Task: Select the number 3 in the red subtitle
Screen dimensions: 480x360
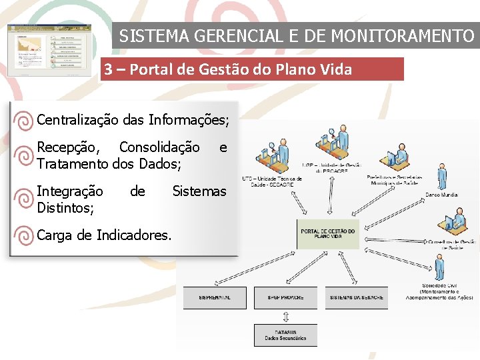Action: coord(108,69)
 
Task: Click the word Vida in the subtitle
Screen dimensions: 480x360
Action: coord(335,69)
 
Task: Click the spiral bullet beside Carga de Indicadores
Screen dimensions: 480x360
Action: coord(23,235)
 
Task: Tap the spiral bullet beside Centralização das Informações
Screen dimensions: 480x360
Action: coord(23,121)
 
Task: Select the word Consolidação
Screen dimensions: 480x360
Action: coord(159,147)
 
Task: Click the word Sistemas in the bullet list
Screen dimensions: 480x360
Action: coord(199,192)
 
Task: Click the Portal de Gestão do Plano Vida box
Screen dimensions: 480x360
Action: coord(328,233)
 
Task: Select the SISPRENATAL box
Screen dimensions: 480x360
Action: coord(215,297)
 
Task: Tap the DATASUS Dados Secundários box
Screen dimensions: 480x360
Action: coord(285,335)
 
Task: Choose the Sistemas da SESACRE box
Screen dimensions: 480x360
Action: coord(357,297)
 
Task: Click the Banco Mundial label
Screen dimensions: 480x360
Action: coord(442,195)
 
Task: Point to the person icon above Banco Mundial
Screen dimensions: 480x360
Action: coord(441,177)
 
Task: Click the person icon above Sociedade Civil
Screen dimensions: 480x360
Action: coord(439,267)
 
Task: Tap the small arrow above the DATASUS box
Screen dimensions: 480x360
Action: coord(285,316)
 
